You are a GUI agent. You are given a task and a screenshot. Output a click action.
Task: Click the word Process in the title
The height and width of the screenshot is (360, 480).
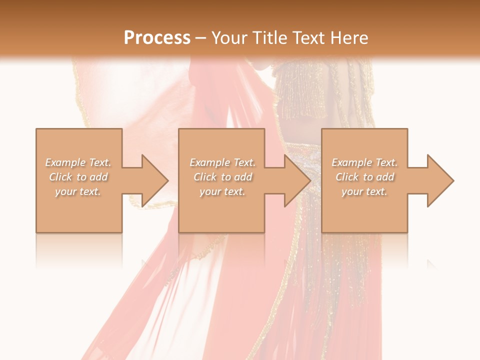[157, 38]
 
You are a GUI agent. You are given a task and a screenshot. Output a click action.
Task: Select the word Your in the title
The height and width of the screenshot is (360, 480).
[229, 38]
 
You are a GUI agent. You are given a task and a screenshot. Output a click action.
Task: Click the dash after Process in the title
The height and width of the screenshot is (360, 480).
[200, 38]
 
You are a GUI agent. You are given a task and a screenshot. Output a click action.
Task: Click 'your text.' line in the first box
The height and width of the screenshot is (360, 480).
[78, 191]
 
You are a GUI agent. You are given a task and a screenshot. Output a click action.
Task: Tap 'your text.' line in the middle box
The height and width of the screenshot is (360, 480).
[222, 191]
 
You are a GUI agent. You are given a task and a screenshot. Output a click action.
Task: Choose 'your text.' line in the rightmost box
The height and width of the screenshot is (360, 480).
[364, 191]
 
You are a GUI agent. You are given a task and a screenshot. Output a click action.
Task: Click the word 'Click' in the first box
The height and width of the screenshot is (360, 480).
[60, 177]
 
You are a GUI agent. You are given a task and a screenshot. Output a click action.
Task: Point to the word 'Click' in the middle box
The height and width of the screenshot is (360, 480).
[205, 177]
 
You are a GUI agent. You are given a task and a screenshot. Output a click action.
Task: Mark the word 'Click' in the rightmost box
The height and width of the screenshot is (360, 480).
[347, 177]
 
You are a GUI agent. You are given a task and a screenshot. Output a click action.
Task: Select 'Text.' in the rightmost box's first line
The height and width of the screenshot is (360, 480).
[386, 162]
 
